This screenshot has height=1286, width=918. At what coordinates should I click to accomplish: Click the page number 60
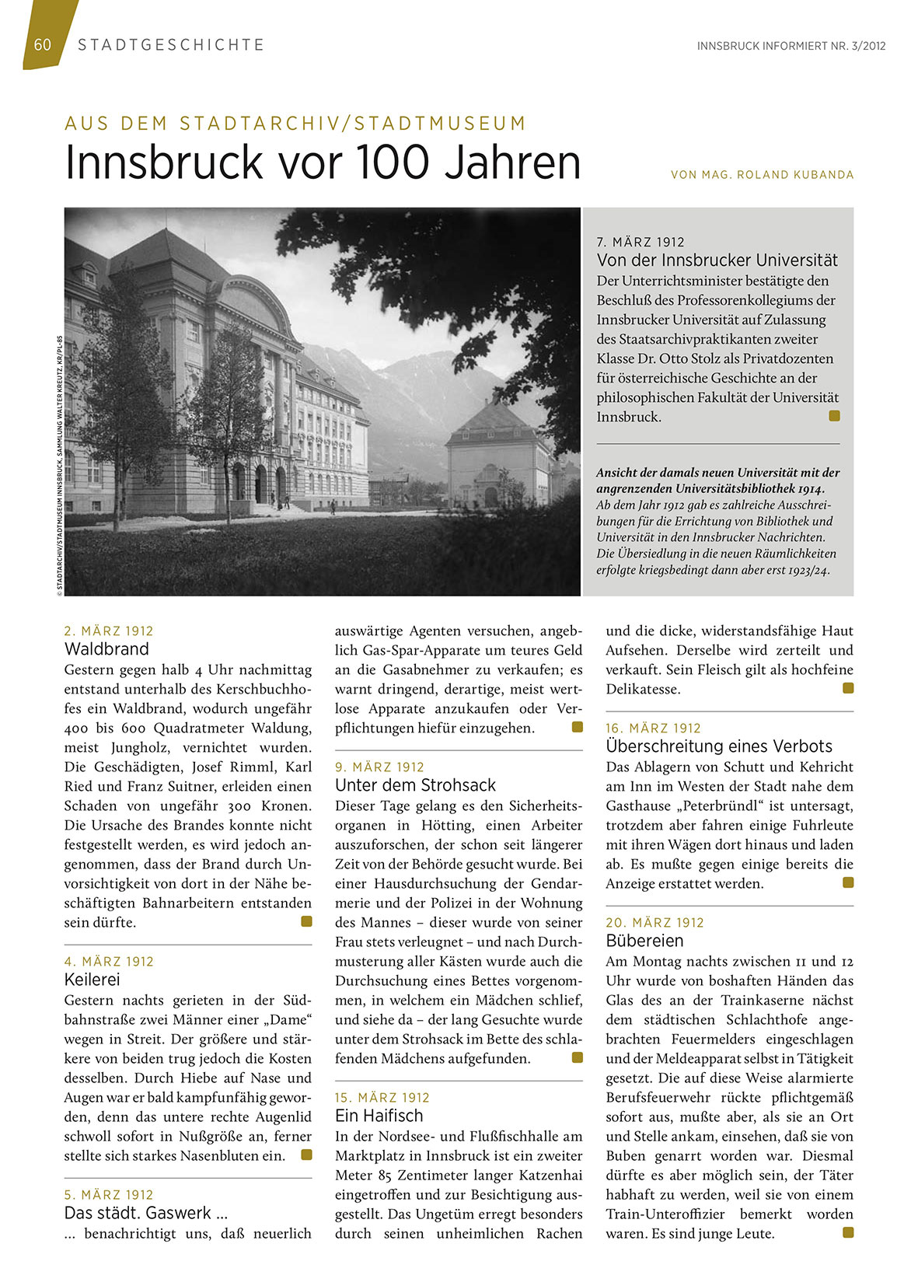point(43,44)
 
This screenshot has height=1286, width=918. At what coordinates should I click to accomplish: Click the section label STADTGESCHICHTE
point(171,45)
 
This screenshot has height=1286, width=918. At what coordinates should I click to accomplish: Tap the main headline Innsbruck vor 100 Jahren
point(323,162)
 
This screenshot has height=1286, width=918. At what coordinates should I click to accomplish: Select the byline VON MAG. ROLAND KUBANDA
point(762,175)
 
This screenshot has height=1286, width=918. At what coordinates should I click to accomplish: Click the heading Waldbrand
point(106,649)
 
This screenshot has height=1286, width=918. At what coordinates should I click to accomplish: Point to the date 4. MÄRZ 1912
point(109,961)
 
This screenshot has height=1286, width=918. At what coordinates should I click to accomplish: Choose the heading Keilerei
point(92,980)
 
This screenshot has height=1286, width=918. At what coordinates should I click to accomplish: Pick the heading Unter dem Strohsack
point(415,785)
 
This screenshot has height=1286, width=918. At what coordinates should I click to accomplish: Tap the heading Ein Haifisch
point(379,1116)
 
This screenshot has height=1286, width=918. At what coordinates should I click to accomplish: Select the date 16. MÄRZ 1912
point(653,728)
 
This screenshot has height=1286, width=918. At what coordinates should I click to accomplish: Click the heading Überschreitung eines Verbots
point(719,746)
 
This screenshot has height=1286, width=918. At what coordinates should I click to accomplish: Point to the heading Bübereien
point(644,941)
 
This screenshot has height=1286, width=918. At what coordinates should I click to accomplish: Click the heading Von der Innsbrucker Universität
point(717,260)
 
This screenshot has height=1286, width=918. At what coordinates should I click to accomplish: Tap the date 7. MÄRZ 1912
point(641,242)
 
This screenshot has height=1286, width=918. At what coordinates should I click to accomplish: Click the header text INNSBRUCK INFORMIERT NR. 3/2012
point(791,46)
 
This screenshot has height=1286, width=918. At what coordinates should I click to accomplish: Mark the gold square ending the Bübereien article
point(848,1232)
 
